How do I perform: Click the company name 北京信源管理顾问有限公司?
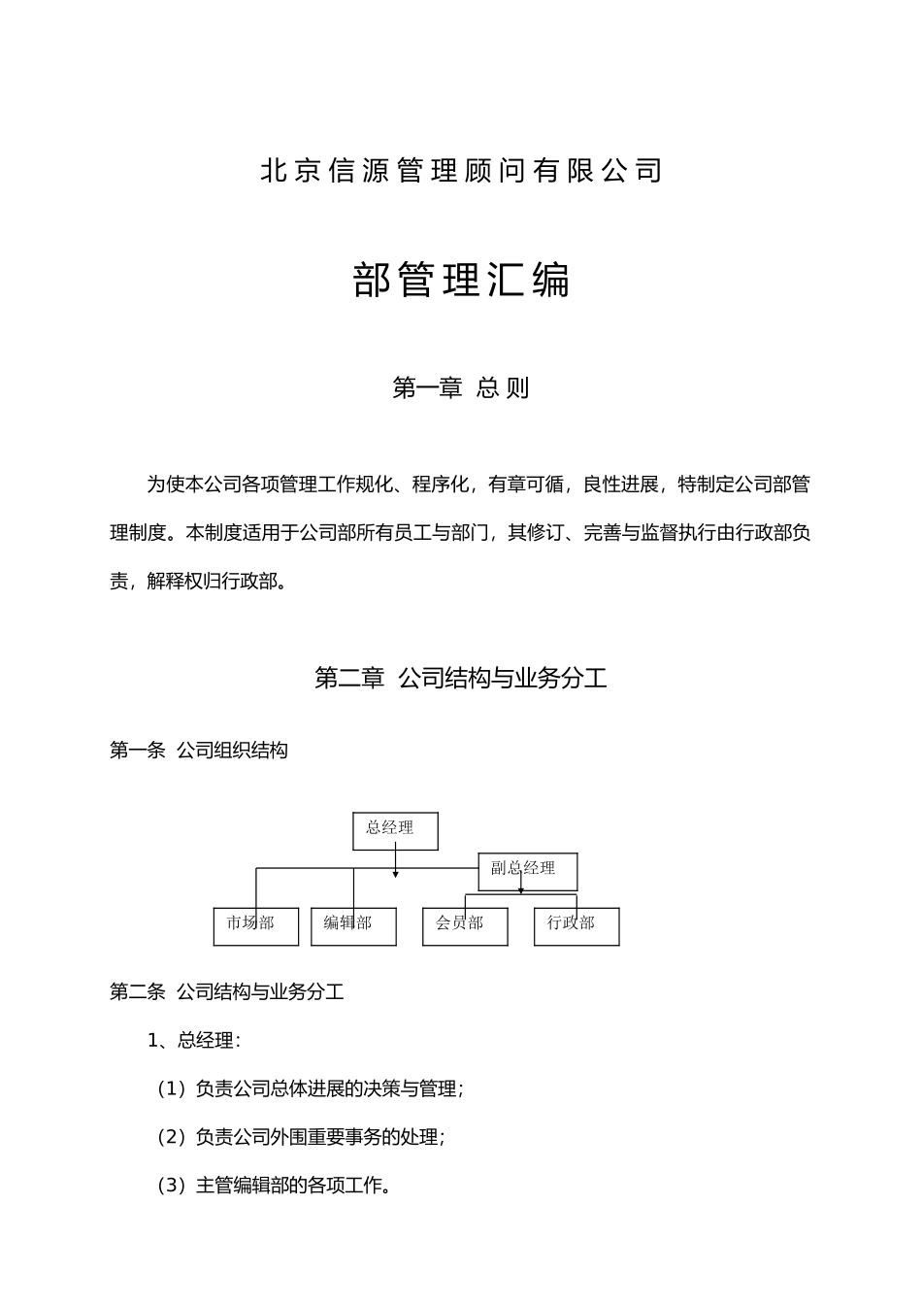(461, 171)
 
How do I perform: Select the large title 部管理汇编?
(461, 281)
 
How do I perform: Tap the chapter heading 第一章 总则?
(461, 388)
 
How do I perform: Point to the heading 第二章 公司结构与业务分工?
(461, 678)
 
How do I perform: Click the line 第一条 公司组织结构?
(199, 751)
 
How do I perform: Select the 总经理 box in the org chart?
(395, 830)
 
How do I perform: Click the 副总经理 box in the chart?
(528, 870)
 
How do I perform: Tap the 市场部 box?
(255, 926)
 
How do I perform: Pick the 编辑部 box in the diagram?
(353, 926)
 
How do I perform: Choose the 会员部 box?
(465, 926)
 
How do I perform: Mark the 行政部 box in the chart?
(576, 926)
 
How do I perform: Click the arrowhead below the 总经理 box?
(395, 875)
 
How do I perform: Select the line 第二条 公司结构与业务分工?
(227, 992)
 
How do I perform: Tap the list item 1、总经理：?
(194, 1041)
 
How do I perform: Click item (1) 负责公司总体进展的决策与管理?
(311, 1089)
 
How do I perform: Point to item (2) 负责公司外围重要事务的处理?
(301, 1137)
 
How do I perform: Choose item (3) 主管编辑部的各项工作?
(274, 1186)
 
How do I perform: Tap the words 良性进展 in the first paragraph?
(621, 485)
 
